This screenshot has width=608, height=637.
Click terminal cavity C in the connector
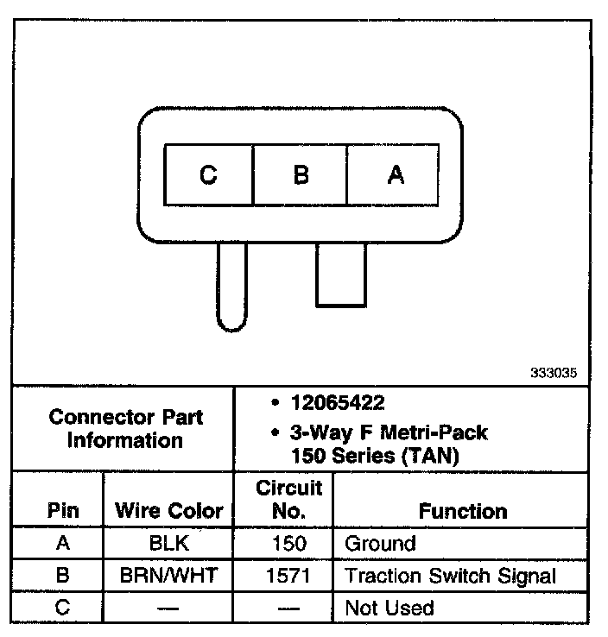tap(208, 175)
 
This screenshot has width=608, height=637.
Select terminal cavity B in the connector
tap(300, 175)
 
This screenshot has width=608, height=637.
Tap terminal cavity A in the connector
tap(394, 175)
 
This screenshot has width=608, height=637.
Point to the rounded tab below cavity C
tap(231, 286)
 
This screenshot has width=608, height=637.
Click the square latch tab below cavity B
tap(340, 274)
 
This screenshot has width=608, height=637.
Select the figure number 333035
tap(553, 375)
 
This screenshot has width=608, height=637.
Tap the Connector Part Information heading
tap(126, 429)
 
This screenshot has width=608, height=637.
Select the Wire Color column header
tap(169, 511)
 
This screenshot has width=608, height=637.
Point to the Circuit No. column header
tap(288, 499)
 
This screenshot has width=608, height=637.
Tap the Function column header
tap(462, 511)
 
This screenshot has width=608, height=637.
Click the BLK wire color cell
tap(169, 544)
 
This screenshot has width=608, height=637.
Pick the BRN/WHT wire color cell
tap(169, 576)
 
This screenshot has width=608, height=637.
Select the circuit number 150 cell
tap(288, 544)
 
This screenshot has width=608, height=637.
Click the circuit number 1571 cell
tap(288, 576)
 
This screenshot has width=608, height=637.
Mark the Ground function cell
tap(380, 544)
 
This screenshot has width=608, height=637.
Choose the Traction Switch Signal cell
tap(450, 576)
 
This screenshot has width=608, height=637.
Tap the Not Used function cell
tap(389, 608)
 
